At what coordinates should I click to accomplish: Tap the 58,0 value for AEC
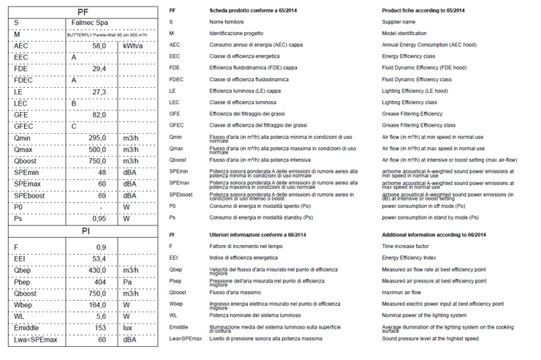coord(99,46)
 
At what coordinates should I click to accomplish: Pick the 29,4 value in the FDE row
coord(99,69)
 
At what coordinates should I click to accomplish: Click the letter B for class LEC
coord(73,103)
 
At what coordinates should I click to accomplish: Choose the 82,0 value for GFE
coord(99,115)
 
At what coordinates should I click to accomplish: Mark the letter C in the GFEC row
coord(73,127)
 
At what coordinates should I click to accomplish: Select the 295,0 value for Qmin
coord(97,138)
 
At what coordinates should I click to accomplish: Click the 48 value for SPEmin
coord(102,173)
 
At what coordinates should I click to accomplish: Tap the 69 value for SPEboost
coord(102,196)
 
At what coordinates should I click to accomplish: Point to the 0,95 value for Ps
coord(99,219)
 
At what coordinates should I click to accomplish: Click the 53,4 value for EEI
coord(99,259)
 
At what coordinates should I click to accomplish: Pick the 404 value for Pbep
coord(101,282)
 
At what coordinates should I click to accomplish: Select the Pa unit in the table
coord(127,282)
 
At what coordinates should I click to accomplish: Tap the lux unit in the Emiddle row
coord(128,328)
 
